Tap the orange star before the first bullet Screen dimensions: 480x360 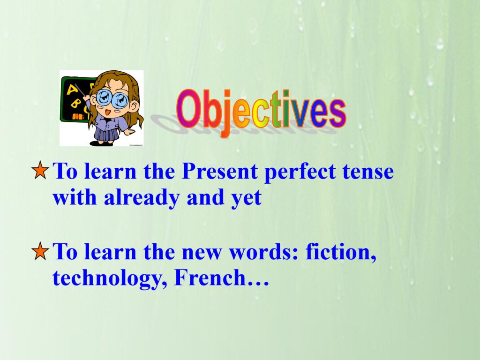point(40,170)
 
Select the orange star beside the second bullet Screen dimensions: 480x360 point(40,251)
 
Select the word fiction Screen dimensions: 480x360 point(341,252)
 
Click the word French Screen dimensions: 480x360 point(210,278)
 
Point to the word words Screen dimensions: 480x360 point(263,252)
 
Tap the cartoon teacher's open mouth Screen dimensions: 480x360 point(108,112)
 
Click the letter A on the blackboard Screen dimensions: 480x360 point(73,89)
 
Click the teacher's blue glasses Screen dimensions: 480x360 point(112,98)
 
